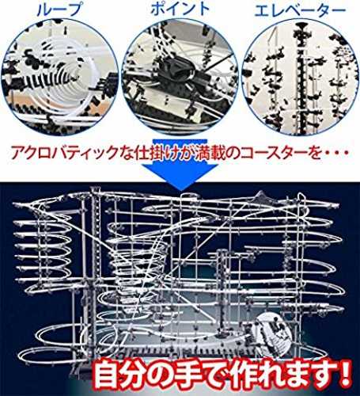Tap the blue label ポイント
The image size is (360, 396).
click(x=180, y=9)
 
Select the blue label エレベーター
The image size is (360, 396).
click(x=300, y=10)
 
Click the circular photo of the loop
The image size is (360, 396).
click(x=60, y=77)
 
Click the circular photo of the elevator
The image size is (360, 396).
click(x=301, y=77)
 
